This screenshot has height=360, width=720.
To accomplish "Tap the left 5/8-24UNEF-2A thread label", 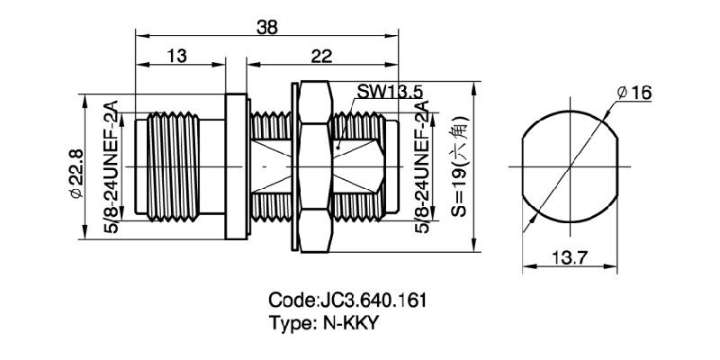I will tap(112, 166).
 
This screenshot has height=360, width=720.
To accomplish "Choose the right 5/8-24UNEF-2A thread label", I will tap(420, 167).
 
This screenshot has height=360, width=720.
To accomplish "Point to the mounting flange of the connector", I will tap(236, 166).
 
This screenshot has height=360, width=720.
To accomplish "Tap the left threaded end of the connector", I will tap(171, 166).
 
